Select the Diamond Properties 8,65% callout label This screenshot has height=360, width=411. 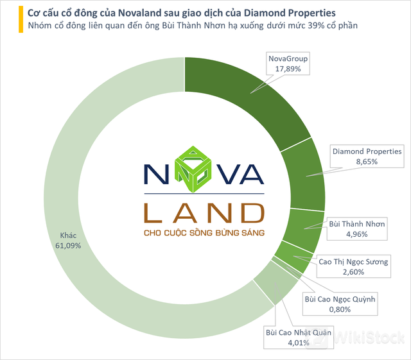click(367, 157)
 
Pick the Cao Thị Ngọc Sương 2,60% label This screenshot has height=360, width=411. click(353, 267)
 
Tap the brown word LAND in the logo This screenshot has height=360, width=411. click(204, 212)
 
